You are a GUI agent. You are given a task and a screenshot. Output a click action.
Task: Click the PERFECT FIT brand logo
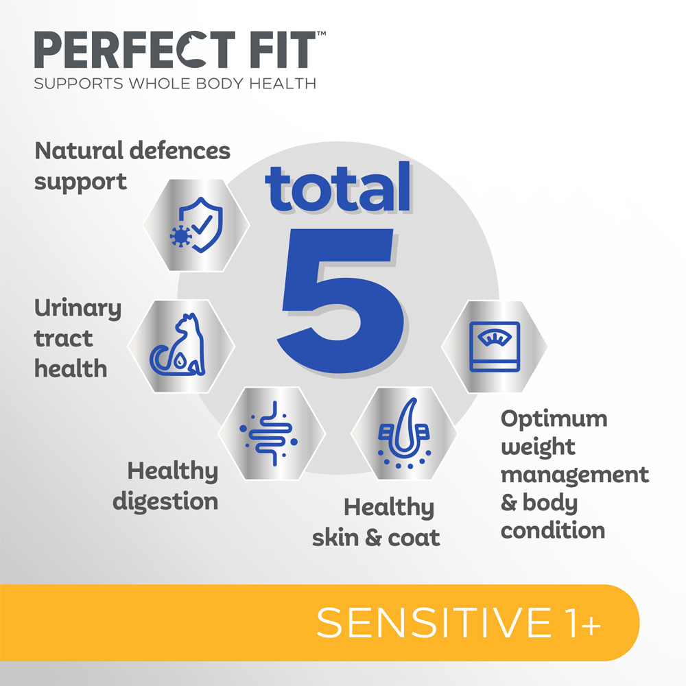(x=179, y=49)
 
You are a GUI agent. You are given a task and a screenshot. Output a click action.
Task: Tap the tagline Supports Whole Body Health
(x=175, y=84)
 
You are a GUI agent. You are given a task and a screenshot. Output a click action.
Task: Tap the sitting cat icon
(x=178, y=345)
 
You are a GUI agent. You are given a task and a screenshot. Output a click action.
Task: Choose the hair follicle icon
(x=404, y=434)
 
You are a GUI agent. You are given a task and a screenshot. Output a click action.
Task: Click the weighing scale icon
(x=495, y=346)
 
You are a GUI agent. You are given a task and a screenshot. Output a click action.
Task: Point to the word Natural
(x=79, y=151)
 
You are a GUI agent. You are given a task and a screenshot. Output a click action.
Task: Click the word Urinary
(x=78, y=309)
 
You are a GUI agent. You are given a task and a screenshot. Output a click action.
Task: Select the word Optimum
(x=554, y=420)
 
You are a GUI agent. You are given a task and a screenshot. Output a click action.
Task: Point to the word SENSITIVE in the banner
(x=434, y=623)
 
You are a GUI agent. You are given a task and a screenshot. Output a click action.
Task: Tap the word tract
(x=63, y=339)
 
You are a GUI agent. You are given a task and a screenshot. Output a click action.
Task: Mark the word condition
(x=553, y=531)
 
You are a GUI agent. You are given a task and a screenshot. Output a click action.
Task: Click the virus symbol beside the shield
(x=180, y=237)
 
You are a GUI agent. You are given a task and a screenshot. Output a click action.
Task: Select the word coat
(x=414, y=538)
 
